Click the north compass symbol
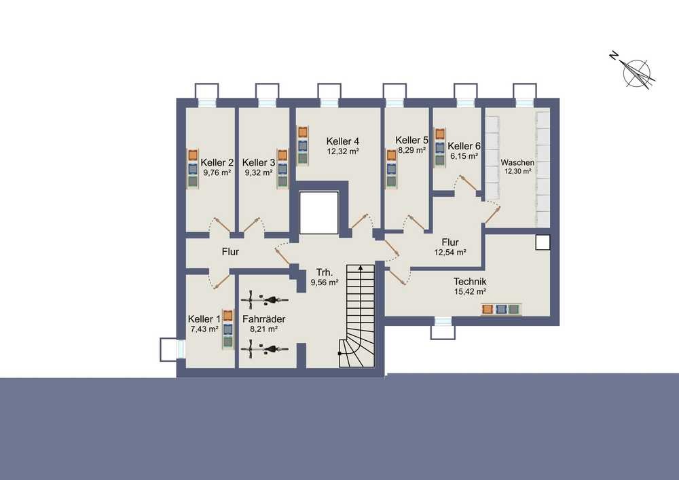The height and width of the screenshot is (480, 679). pos(636,72)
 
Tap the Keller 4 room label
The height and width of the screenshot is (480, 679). pos(342,141)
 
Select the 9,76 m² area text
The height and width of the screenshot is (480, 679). pos(217,172)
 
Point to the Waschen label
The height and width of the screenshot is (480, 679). pos(517,163)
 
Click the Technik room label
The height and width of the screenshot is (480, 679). pos(470,282)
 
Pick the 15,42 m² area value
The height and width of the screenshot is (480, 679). pos(470,292)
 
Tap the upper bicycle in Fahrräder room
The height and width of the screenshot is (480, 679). pos(265,299)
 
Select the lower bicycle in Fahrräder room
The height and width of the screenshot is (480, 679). pos(265,348)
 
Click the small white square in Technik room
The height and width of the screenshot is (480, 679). pos(543,243)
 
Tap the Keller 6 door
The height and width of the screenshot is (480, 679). pos(469,183)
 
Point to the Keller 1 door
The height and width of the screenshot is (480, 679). pos(221,280)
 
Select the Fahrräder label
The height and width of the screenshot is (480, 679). pos(263,319)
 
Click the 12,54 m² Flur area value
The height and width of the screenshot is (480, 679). pos(450,253)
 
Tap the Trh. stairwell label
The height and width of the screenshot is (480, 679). pos(325,273)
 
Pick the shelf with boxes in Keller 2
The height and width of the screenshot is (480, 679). pos(193,168)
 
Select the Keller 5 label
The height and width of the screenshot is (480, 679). pos(411,141)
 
